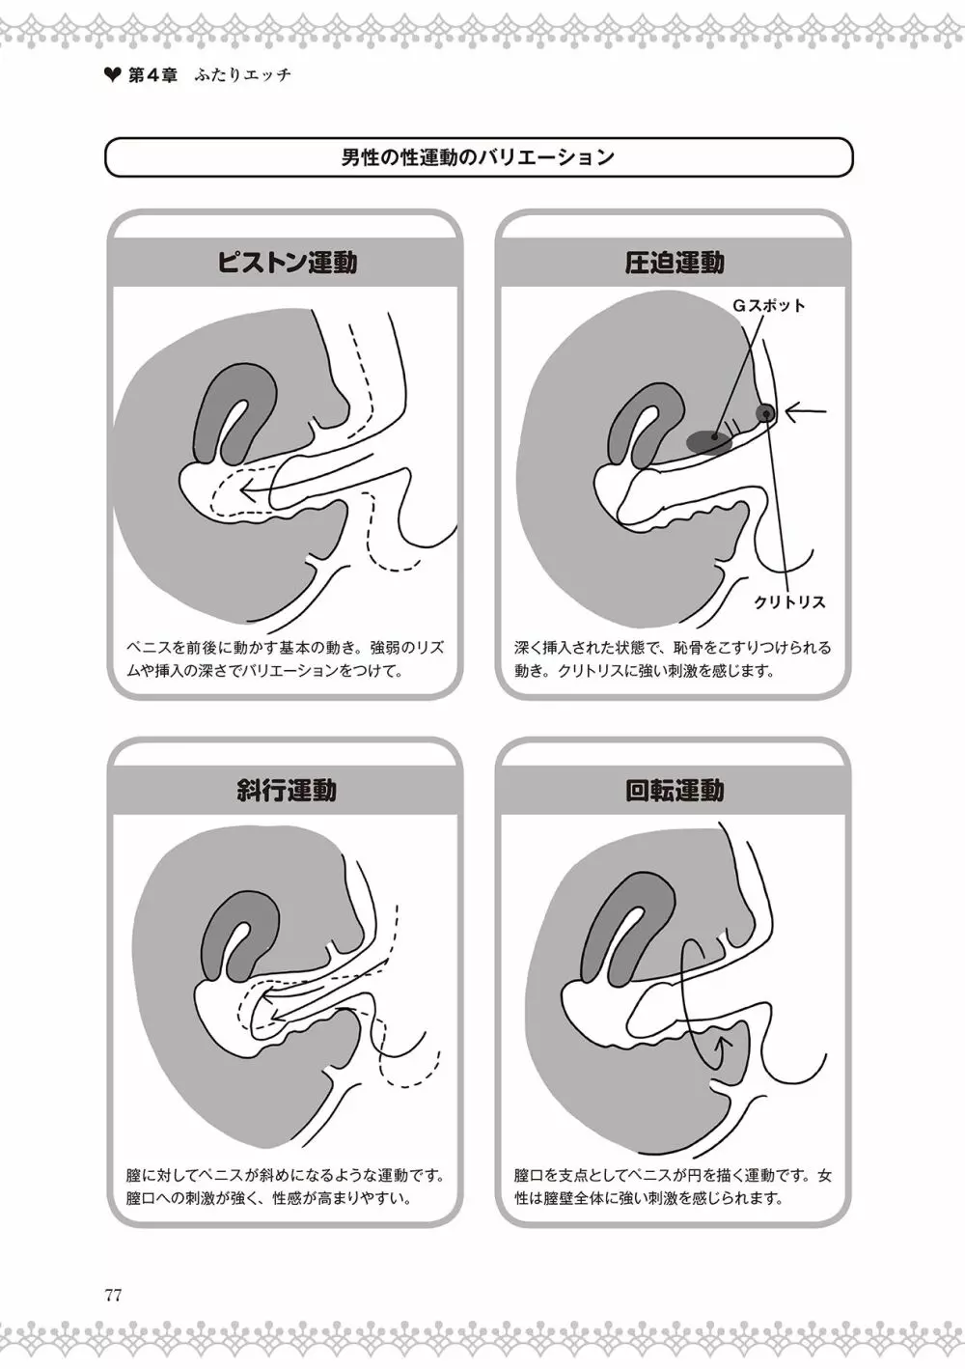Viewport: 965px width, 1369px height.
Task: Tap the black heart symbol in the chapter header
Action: tap(113, 75)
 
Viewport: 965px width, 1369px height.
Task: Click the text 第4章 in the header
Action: tap(152, 75)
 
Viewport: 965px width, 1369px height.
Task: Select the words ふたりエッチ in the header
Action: tap(242, 75)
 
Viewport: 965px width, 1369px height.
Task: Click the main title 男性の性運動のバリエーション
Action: tap(478, 157)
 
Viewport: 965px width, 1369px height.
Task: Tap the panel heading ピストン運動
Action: tap(287, 263)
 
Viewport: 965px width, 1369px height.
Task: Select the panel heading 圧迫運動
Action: tap(675, 263)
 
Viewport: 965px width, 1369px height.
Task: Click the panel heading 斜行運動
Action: tap(287, 791)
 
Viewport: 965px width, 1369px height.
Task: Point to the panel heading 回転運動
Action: tap(675, 791)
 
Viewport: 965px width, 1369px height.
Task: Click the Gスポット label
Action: tap(769, 306)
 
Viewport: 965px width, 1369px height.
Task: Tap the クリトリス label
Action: tap(789, 602)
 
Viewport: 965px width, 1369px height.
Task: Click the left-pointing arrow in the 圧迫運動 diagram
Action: tap(806, 411)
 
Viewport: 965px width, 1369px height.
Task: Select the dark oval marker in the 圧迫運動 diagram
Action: tap(709, 440)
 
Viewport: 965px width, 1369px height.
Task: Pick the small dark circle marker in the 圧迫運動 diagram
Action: tap(765, 414)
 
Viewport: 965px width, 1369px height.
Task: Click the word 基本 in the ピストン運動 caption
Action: tap(293, 647)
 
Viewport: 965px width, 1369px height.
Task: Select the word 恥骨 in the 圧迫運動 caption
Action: tap(689, 647)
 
